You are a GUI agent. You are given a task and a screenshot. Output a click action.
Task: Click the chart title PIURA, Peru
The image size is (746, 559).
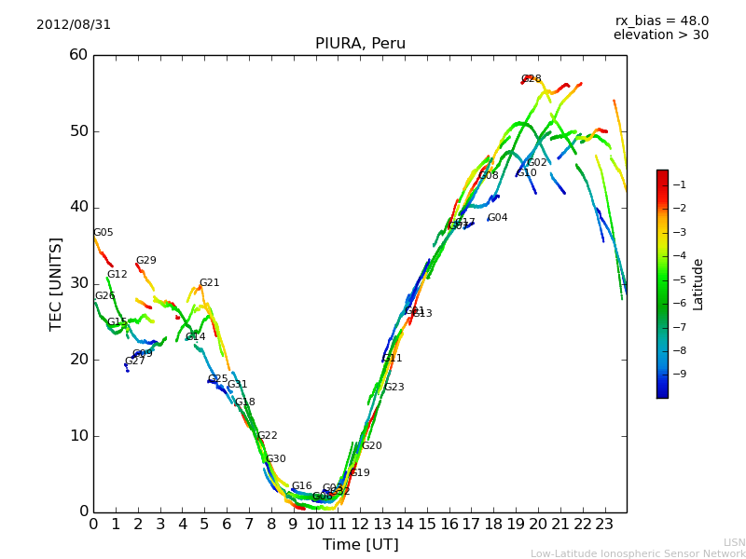(360, 44)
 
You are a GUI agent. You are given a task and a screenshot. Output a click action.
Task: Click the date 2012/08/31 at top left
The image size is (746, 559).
(74, 24)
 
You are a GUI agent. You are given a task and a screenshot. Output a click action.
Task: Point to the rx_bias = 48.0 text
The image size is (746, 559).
(661, 20)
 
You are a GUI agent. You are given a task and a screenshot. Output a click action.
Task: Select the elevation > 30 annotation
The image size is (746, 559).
(661, 35)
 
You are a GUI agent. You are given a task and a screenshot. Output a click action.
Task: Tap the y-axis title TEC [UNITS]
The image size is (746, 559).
(56, 283)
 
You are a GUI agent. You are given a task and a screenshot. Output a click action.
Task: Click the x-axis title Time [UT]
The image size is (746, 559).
(360, 545)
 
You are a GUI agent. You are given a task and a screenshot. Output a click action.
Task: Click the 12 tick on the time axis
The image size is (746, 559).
(360, 523)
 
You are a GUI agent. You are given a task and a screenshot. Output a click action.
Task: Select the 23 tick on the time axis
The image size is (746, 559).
(604, 523)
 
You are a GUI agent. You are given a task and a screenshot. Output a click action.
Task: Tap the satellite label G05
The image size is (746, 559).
(103, 233)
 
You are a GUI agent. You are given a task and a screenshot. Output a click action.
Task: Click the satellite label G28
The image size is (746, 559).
(531, 79)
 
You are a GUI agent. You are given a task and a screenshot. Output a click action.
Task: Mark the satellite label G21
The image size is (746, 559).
(209, 283)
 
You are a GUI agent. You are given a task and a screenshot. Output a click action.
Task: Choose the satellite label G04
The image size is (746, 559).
(497, 218)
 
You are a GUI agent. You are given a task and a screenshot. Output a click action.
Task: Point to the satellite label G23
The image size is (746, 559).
(394, 388)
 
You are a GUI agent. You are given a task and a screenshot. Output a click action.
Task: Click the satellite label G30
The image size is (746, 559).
(275, 459)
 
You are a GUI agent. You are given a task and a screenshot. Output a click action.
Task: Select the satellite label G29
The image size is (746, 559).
(145, 261)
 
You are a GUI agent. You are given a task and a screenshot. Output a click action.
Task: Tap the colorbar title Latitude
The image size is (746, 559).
(698, 284)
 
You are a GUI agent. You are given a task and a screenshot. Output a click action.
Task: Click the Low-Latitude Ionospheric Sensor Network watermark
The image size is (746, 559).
(638, 553)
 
